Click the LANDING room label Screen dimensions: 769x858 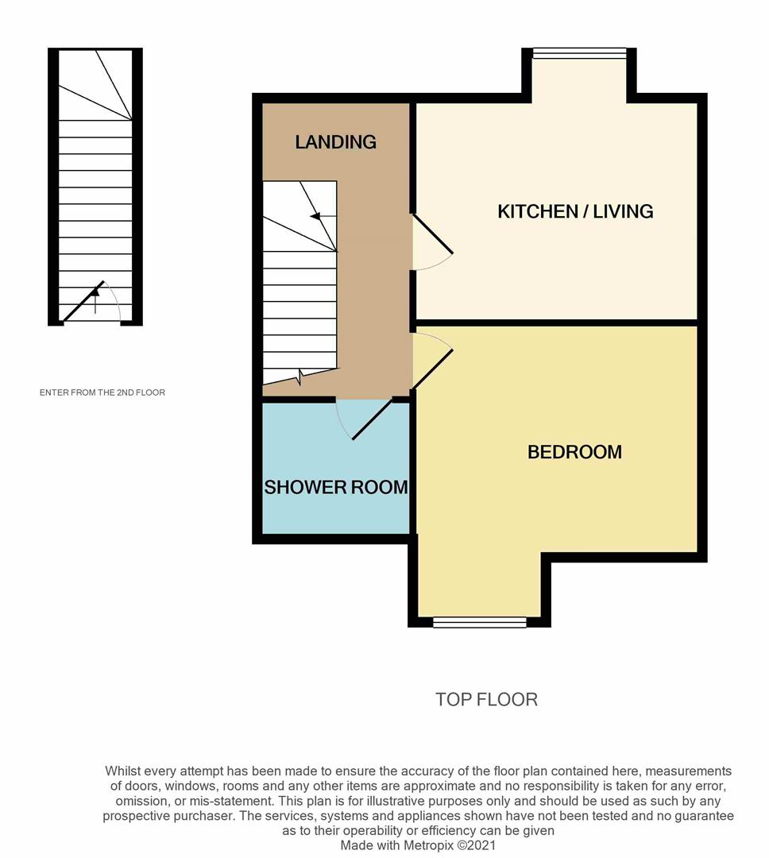point(335,142)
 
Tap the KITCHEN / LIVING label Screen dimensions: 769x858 point(575,211)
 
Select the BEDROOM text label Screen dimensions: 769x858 point(574,452)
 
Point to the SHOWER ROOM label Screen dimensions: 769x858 point(336,487)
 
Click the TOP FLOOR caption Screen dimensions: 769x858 point(486,699)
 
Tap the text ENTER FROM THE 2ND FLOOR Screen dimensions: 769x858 point(102,392)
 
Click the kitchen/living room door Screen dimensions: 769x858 point(432,234)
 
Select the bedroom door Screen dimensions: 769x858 point(432,368)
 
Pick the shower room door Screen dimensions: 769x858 point(372,419)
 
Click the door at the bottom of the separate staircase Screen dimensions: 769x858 point(83,302)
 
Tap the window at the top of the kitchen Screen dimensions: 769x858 point(579,53)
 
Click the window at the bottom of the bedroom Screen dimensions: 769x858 point(480,622)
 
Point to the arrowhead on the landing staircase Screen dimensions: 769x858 point(315,217)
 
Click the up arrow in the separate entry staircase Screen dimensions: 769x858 point(95,302)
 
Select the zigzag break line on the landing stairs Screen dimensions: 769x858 point(300,377)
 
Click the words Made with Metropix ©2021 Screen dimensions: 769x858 point(418,845)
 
